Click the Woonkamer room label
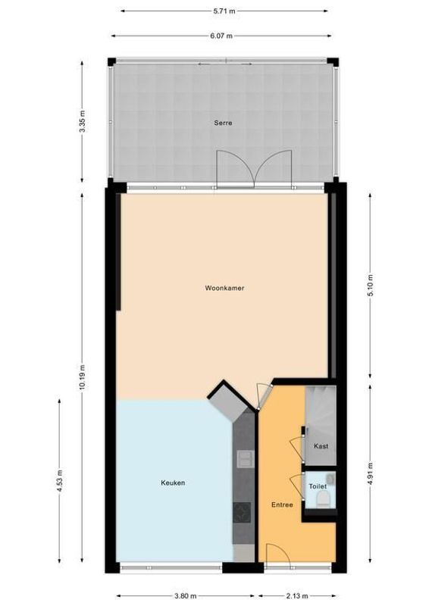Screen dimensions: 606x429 [224, 288]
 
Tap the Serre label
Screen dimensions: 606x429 [222, 123]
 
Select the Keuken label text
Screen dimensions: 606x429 [173, 483]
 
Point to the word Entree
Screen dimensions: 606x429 [283, 504]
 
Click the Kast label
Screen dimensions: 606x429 [321, 447]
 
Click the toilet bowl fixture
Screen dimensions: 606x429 [322, 498]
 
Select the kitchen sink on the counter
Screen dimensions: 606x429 [245, 458]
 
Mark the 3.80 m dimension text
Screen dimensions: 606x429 [180, 595]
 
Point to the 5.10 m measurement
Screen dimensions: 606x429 [369, 285]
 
